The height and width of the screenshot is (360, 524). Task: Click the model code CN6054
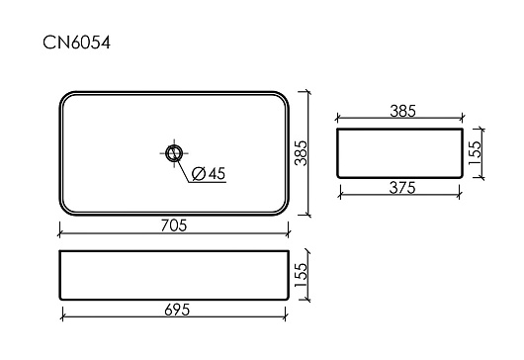point(76,43)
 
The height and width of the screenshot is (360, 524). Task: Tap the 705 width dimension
point(174,225)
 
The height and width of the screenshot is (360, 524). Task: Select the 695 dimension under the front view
point(177,310)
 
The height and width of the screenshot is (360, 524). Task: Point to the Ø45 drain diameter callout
point(209,173)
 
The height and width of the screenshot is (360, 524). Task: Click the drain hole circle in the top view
point(174,153)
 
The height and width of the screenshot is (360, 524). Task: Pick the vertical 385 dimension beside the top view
point(301,153)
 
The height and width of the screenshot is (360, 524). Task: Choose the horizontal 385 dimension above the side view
point(402,111)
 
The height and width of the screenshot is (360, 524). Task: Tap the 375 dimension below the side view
point(402,188)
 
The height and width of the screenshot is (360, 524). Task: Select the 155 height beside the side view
point(475,152)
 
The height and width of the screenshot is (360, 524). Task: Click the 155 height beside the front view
point(301,275)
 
